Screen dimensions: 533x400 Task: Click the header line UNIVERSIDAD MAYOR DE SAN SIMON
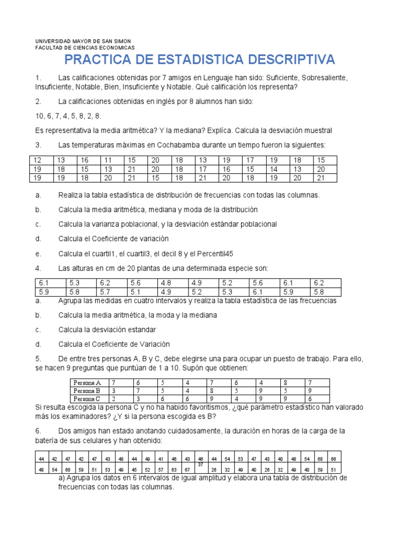coord(83,41)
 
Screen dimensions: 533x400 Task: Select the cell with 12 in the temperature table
coord(37,160)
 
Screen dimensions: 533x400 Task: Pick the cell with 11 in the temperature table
coord(108,160)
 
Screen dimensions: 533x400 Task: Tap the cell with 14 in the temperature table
coord(274,169)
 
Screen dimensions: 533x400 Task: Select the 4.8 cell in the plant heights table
coord(165,282)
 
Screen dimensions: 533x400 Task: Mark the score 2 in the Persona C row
coord(113,399)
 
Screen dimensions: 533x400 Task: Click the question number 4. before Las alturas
coord(38,269)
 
